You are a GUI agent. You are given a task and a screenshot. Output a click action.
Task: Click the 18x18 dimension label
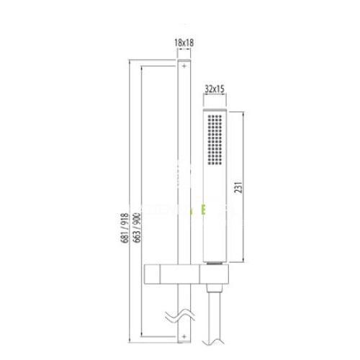pos(184,42)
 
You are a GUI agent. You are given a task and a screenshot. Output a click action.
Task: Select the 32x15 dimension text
pos(215,89)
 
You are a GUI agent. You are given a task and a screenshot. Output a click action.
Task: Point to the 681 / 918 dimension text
pos(125,228)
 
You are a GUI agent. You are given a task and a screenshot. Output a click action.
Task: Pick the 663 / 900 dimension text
pos(137,228)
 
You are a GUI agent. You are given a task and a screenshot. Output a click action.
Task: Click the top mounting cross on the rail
pos(184,66)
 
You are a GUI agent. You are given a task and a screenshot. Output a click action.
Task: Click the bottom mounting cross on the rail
pos(184,337)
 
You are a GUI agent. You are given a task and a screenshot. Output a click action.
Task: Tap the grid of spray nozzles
pos(215,140)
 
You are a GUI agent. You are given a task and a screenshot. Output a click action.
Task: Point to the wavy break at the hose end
pos(213,341)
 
